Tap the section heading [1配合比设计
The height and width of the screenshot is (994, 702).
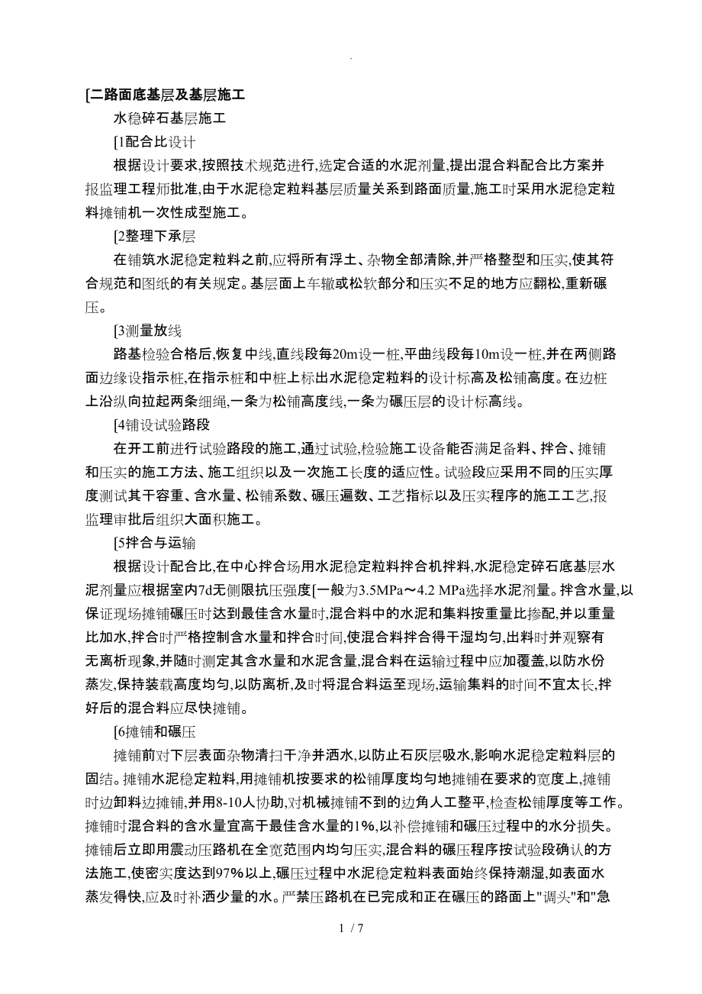[155, 141]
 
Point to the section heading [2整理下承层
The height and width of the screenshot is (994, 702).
[155, 236]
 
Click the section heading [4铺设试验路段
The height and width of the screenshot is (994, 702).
[161, 424]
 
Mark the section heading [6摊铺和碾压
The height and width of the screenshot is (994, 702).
[155, 731]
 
